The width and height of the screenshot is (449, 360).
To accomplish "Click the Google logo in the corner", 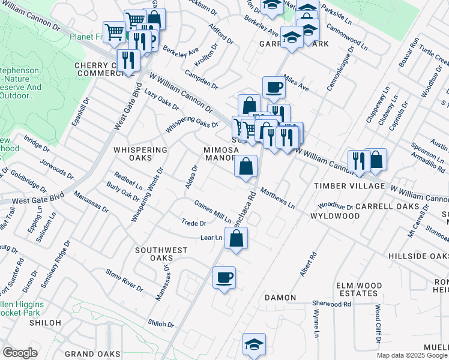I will tap(20, 353).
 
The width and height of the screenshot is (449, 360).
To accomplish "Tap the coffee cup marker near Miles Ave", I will tap(274, 88).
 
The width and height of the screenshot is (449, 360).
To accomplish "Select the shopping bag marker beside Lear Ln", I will tap(237, 239).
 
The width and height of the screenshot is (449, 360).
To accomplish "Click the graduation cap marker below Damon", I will tap(254, 344).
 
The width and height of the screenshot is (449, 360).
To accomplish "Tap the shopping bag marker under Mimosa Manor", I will tap(246, 167).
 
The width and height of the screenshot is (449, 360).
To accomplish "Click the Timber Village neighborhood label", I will tap(349, 186).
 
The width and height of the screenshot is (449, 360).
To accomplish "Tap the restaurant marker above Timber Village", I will tap(357, 161).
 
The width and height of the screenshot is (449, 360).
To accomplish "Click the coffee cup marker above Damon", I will tap(224, 278).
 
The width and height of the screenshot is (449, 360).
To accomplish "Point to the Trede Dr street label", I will tap(194, 223).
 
